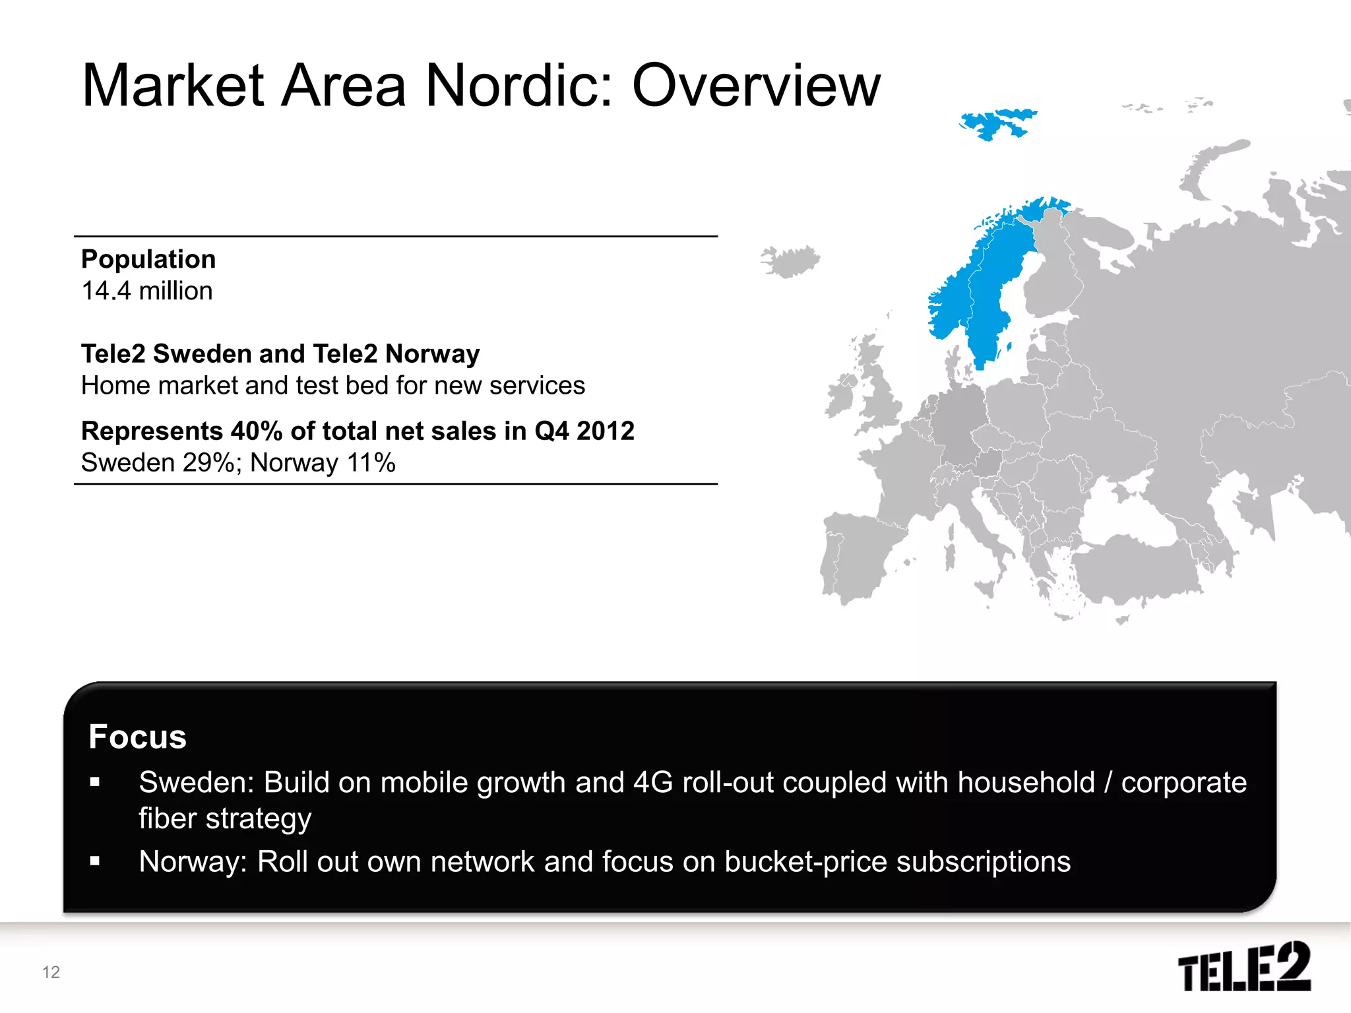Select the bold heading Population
[x=148, y=259]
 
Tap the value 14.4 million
[x=147, y=291]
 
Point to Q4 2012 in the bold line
[x=584, y=431]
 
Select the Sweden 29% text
[x=157, y=463]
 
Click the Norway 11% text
[x=323, y=463]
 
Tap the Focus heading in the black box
[x=137, y=737]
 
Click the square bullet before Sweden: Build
[x=95, y=783]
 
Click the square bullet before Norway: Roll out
[x=95, y=861]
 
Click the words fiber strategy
[x=224, y=819]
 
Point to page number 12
[x=51, y=972]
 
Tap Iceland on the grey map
[x=790, y=261]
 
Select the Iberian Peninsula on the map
[x=858, y=554]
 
